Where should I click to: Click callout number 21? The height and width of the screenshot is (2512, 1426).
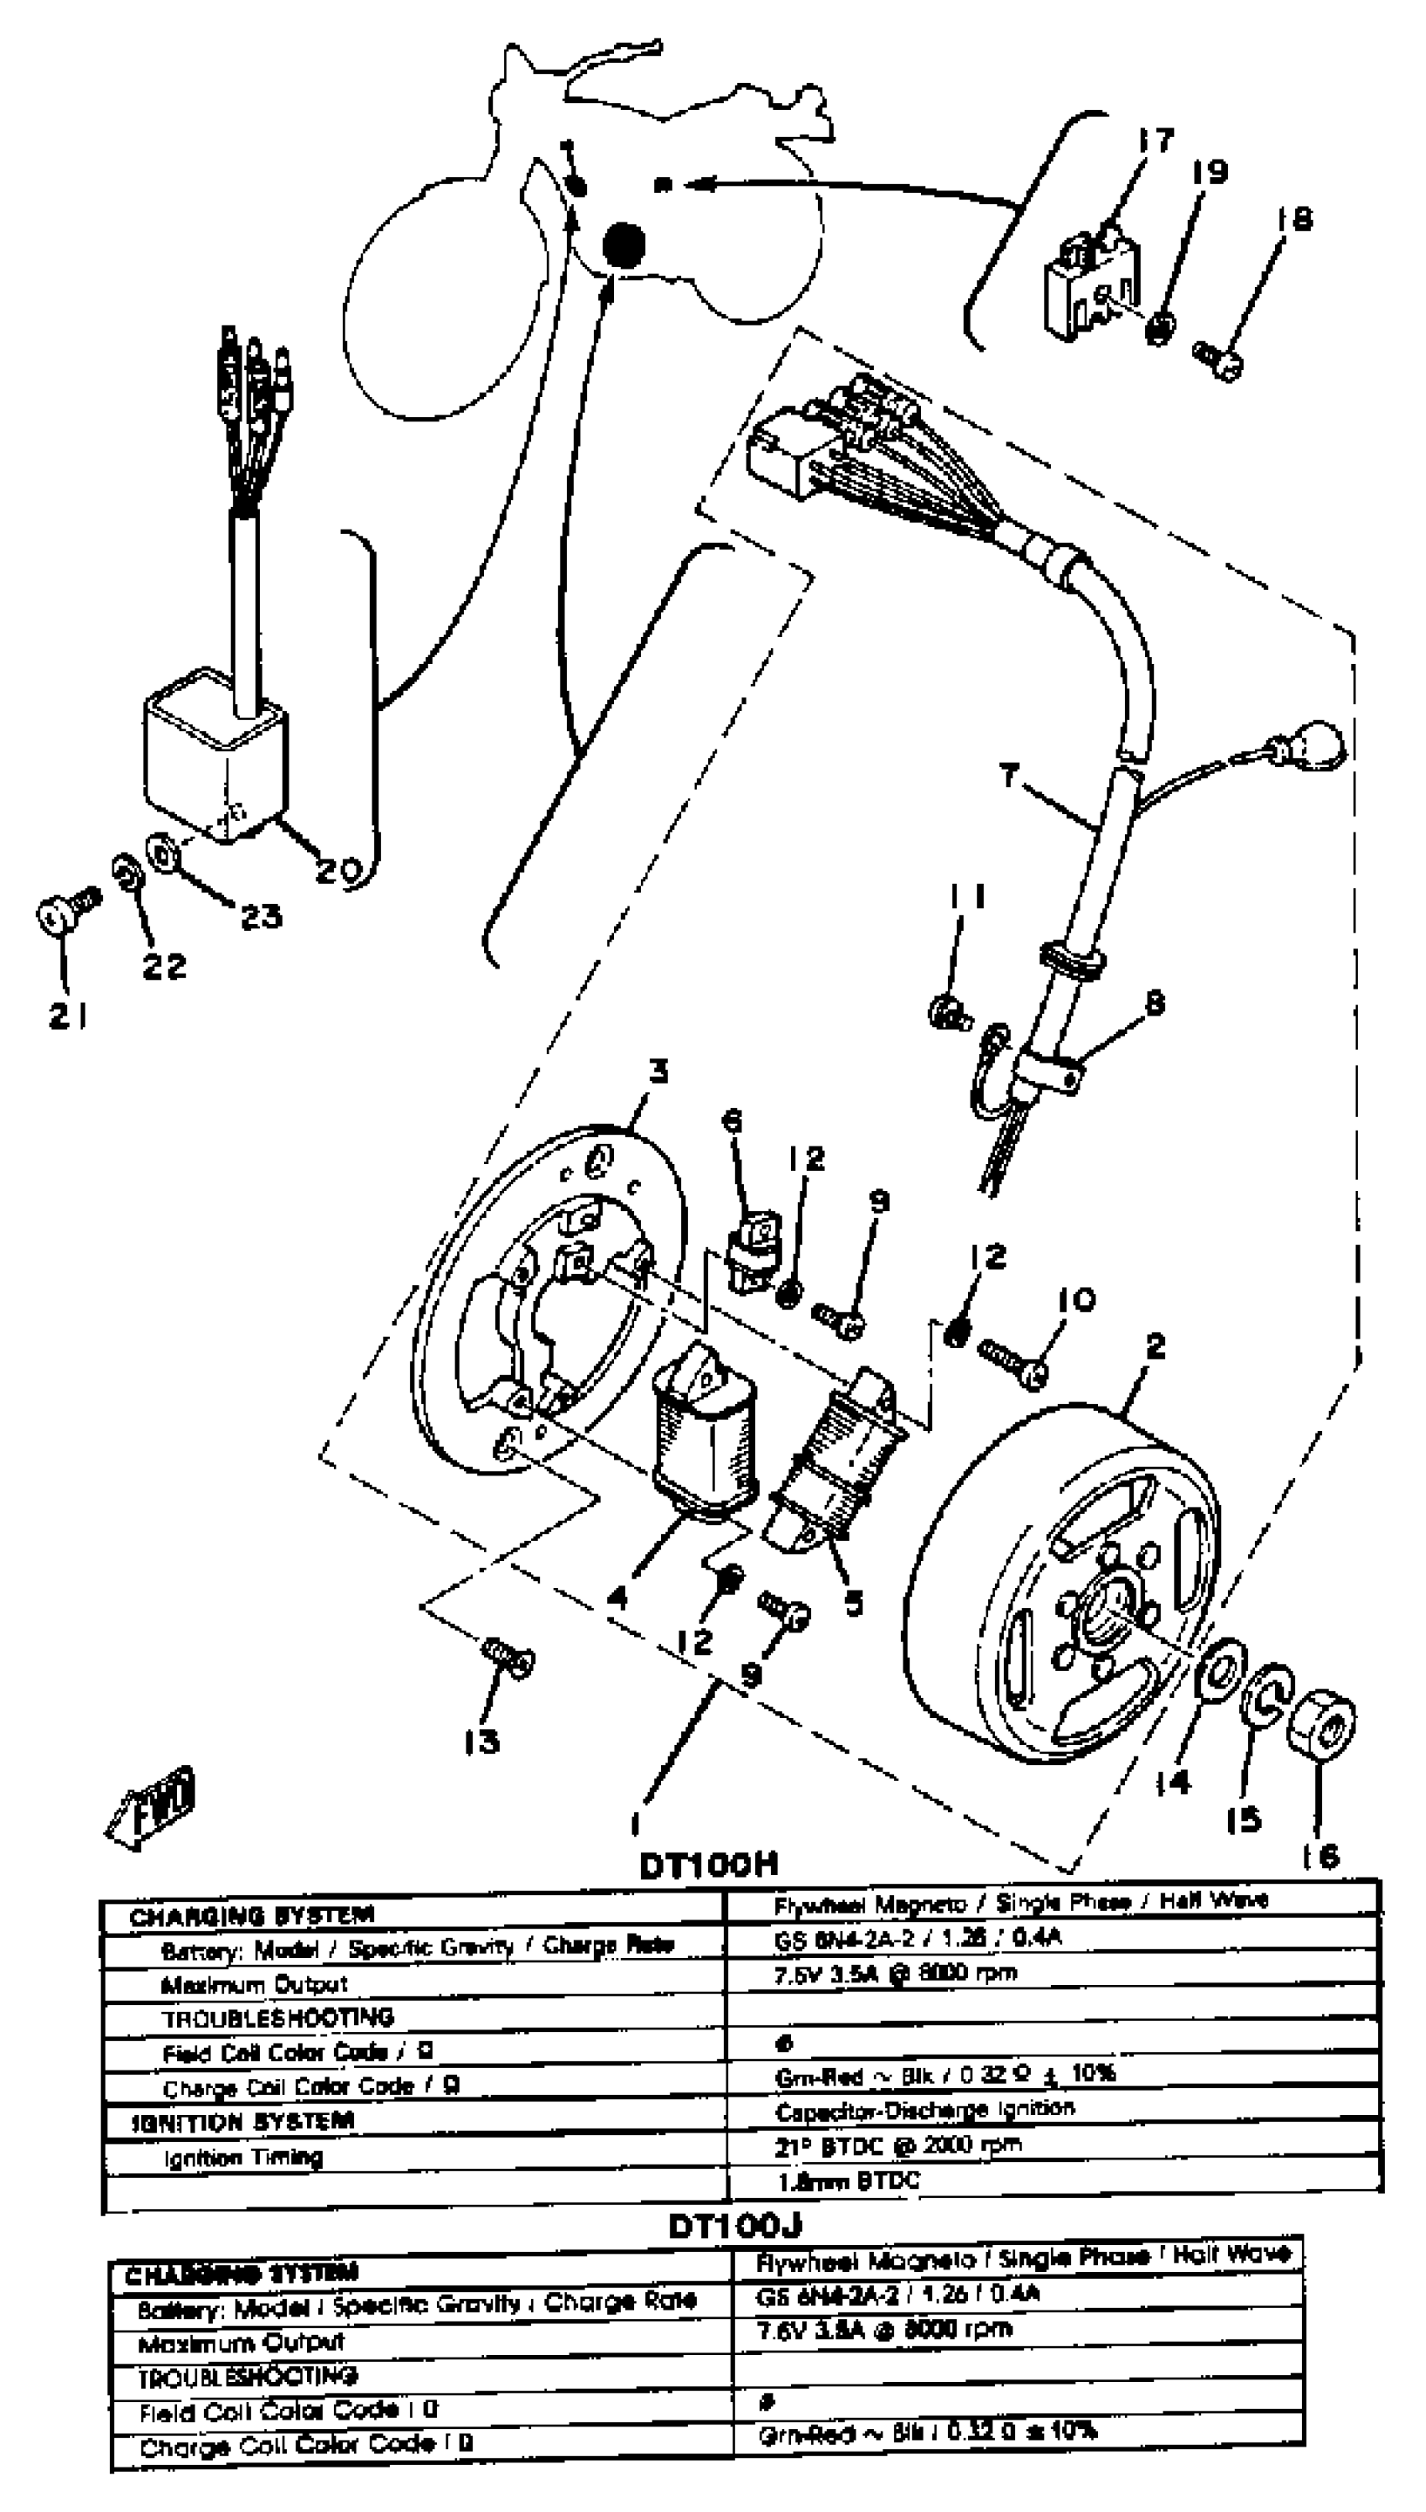(x=69, y=1017)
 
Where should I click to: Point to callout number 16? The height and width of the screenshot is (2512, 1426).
(x=1322, y=1856)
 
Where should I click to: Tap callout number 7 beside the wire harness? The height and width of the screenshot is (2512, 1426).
(x=1009, y=776)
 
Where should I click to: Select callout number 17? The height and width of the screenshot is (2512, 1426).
(x=1156, y=140)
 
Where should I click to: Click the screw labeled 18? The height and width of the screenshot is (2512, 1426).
(x=1220, y=358)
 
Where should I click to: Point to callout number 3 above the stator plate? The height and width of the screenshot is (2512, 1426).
(x=659, y=1071)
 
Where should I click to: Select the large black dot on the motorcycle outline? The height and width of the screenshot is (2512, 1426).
(x=623, y=244)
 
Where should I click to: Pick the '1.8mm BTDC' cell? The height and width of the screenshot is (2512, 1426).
(x=848, y=2180)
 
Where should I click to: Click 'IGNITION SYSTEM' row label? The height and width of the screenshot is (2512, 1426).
(x=243, y=2121)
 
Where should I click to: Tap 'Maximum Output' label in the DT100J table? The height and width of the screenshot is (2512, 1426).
(x=241, y=2343)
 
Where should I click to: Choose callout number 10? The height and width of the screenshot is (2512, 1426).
(x=1076, y=1300)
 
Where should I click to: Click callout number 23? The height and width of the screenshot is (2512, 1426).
(x=261, y=916)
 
